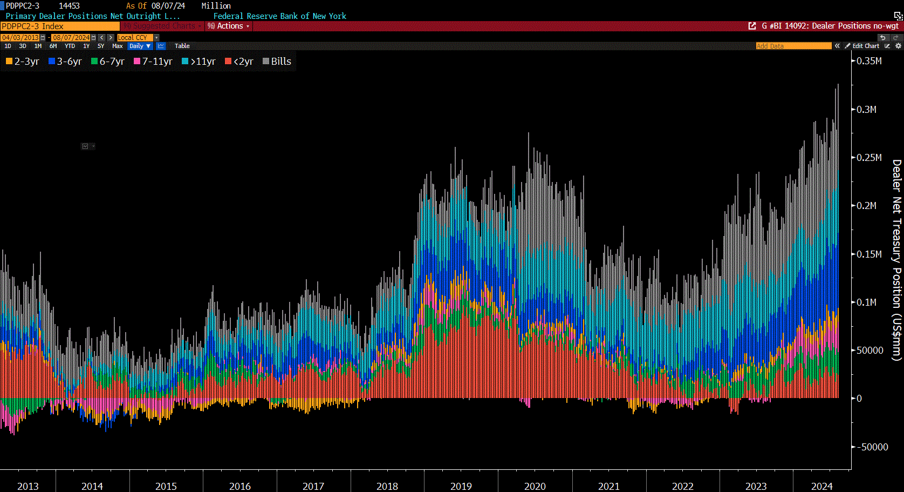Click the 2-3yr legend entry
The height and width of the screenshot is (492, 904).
point(23,62)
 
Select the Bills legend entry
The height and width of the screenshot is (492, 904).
point(277,62)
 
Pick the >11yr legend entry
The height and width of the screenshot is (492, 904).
point(199,62)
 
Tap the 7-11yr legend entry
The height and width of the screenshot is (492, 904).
point(153,62)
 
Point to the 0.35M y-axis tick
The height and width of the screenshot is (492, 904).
point(869,61)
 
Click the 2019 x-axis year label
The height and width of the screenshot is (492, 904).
point(461,486)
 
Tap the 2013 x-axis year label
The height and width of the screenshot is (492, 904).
point(28,486)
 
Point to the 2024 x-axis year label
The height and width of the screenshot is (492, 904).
point(821,486)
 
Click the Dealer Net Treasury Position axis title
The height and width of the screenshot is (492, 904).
point(896,260)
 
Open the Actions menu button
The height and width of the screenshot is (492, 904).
point(229,26)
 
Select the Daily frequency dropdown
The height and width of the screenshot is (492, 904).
point(140,46)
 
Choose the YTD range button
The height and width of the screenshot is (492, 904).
point(70,46)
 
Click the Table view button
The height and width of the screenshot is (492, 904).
point(182,46)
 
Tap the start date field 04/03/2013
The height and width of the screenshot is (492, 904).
point(20,38)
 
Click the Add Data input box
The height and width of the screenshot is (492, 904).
point(793,46)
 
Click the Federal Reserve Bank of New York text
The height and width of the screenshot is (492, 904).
point(279,16)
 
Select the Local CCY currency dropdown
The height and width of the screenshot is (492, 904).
point(135,38)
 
